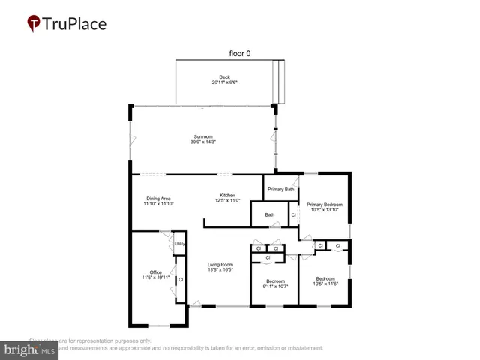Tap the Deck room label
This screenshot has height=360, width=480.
pyautogui.click(x=224, y=76)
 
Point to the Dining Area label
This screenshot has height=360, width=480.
pyautogui.click(x=158, y=198)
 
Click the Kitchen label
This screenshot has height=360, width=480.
pyautogui.click(x=227, y=195)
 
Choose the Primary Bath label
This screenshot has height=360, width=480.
pyautogui.click(x=280, y=190)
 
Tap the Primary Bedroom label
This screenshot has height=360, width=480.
pyautogui.click(x=324, y=204)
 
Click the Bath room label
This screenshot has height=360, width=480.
pyautogui.click(x=269, y=215)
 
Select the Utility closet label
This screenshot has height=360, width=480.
pyautogui.click(x=180, y=244)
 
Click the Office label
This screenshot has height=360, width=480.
pyautogui.click(x=155, y=271)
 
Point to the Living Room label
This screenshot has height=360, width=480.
pyautogui.click(x=220, y=264)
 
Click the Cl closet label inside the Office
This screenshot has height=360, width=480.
pyautogui.click(x=181, y=279)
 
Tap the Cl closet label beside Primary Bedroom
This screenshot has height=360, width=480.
pyautogui.click(x=294, y=215)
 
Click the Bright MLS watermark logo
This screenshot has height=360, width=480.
pyautogui.click(x=30, y=349)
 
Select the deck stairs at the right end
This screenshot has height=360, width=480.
pyautogui.click(x=280, y=81)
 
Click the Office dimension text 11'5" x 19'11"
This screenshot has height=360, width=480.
pyautogui.click(x=155, y=277)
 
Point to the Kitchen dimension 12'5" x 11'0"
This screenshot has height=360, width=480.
pyautogui.click(x=227, y=201)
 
